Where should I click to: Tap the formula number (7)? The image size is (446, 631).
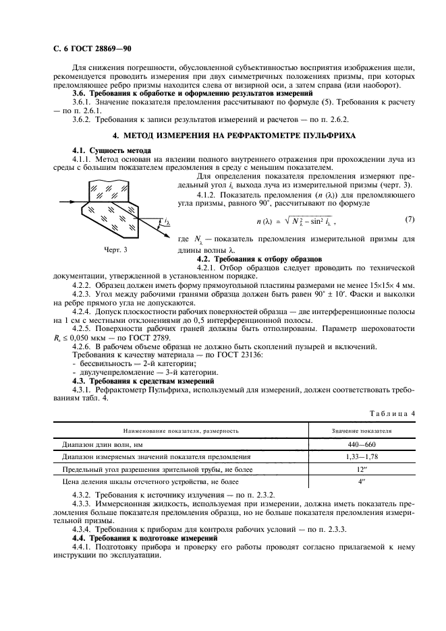point(410,220)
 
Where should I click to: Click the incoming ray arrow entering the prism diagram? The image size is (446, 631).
point(68,200)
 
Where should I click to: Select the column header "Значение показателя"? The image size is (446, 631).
point(362,430)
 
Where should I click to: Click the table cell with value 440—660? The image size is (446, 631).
point(362,444)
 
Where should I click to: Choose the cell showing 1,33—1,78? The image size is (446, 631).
point(362,457)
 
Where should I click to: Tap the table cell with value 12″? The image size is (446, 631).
point(362,470)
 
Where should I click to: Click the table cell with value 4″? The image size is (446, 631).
point(362,483)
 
